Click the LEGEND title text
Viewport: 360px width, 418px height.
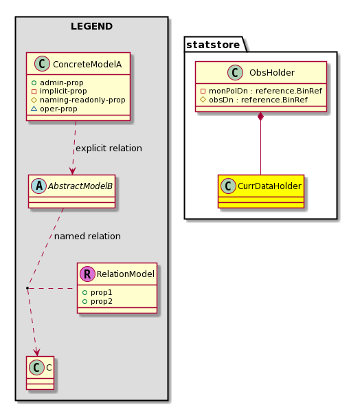[91, 26]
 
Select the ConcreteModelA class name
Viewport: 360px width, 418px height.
[87, 64]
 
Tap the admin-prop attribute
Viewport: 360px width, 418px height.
[62, 82]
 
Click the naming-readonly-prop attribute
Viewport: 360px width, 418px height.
[82, 100]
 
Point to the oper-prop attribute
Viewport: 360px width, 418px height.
[58, 109]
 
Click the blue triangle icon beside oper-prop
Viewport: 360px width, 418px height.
[34, 109]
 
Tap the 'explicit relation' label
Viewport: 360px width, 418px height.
[109, 148]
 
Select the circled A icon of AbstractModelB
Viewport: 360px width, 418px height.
[39, 186]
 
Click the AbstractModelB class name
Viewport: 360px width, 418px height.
[80, 186]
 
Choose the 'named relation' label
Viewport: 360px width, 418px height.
[87, 236]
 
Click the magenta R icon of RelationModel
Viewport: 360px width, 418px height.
[87, 274]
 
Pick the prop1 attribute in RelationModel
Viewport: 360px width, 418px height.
[101, 292]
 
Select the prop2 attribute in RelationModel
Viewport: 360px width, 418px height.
[101, 302]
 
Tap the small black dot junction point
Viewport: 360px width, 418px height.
[27, 288]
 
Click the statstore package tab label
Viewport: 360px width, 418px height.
[213, 45]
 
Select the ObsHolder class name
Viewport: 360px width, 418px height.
[272, 72]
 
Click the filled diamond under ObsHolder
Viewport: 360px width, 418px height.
[260, 116]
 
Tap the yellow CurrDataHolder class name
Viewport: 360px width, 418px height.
[269, 186]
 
